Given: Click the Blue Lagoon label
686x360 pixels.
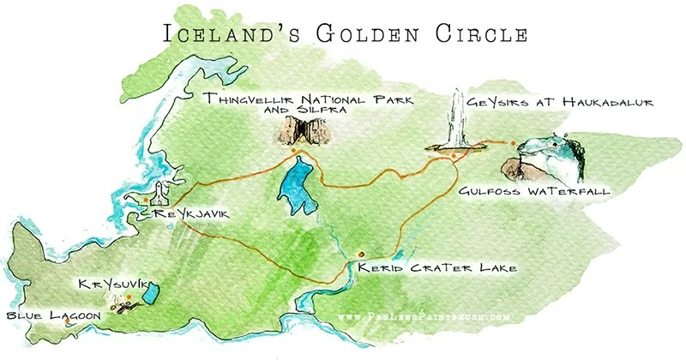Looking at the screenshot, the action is (x=54, y=315).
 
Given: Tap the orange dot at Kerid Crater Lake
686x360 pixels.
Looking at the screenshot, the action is (x=361, y=254).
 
